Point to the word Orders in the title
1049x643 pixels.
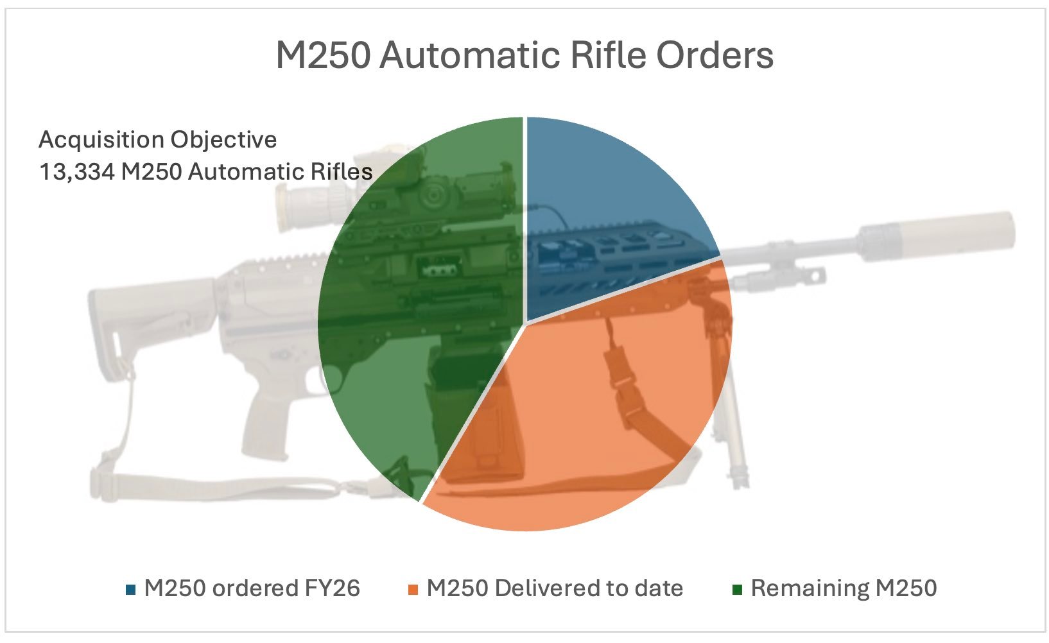click(x=715, y=55)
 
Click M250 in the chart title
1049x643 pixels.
click(x=323, y=55)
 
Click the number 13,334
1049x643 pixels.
click(x=77, y=172)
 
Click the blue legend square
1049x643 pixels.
click(x=131, y=590)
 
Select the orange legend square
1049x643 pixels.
click(x=413, y=590)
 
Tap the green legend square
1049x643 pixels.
click(x=737, y=590)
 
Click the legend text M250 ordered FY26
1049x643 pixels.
click(x=252, y=588)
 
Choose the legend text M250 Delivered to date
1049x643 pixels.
click(x=555, y=588)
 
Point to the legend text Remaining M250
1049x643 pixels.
click(x=844, y=588)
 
